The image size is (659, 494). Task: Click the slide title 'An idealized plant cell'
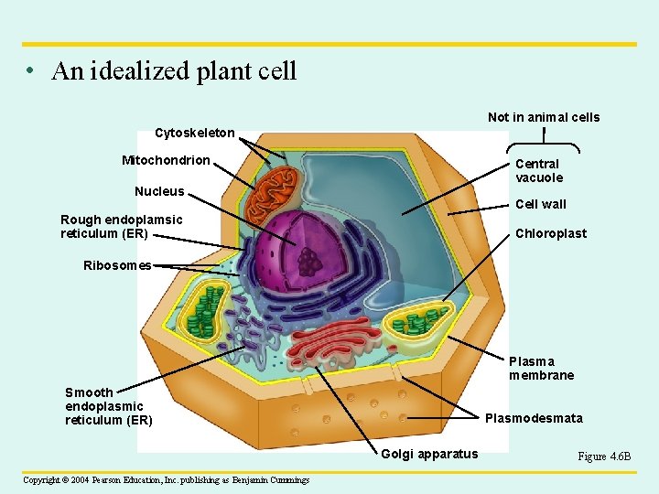click(x=174, y=71)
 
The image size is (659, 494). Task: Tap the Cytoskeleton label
click(x=194, y=134)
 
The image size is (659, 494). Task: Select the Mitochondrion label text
click(x=166, y=161)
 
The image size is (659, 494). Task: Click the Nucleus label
click(x=159, y=191)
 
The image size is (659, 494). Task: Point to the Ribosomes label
click(x=117, y=265)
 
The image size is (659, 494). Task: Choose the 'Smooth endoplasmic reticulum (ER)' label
click(x=108, y=406)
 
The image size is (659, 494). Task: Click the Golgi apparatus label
click(x=429, y=454)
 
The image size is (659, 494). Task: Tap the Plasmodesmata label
click(x=533, y=419)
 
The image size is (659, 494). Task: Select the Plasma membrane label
click(x=541, y=369)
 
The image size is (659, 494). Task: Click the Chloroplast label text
click(x=551, y=233)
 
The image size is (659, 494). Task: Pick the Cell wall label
click(x=541, y=204)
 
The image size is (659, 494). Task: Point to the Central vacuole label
click(x=538, y=170)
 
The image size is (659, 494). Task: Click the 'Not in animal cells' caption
click(x=544, y=117)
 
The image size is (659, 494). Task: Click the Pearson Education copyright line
click(x=166, y=479)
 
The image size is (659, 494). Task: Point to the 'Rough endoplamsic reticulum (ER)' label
click(x=121, y=226)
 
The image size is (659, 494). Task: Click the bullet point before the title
click(x=32, y=72)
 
